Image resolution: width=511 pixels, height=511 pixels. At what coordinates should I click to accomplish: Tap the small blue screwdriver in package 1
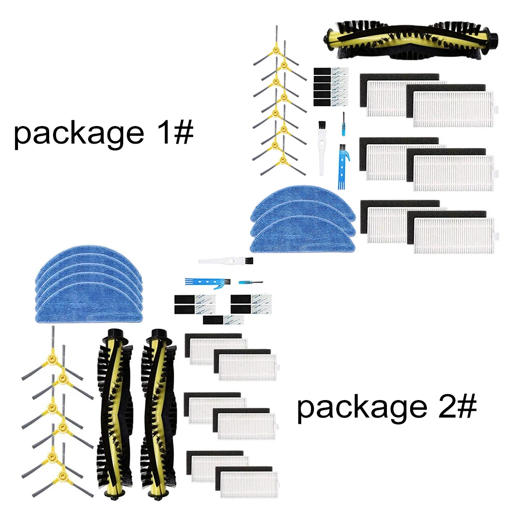(343, 124)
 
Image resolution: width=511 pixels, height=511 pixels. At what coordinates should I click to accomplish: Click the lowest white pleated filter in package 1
(453, 236)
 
